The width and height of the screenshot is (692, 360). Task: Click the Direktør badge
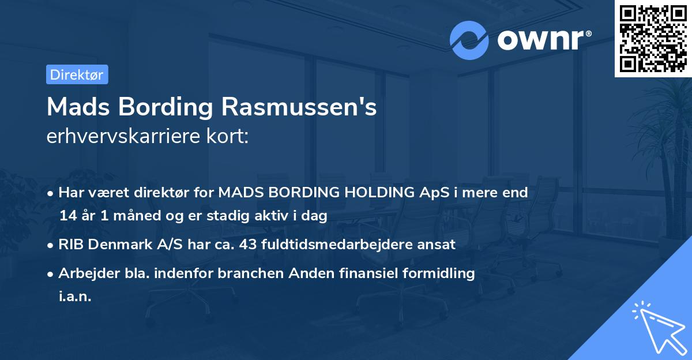(77, 74)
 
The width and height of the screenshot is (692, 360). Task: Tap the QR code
(652, 38)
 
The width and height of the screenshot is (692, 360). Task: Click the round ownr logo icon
(469, 40)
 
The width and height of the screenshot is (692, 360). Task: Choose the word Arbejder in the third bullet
(85, 273)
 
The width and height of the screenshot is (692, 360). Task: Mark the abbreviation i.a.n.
(75, 297)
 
